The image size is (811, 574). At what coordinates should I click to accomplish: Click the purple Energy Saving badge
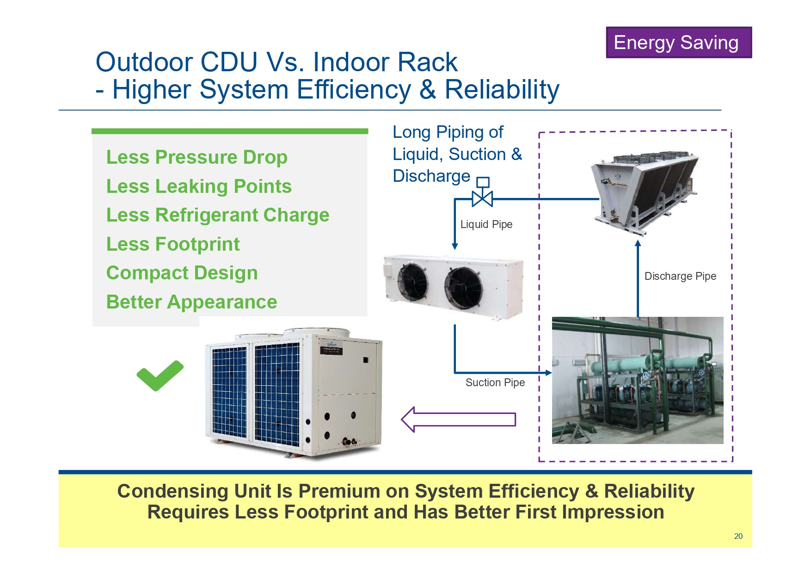678,43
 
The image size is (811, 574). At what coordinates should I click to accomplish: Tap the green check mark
160,375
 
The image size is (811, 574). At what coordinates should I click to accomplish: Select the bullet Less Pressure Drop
197,157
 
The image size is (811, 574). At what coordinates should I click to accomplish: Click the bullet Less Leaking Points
199,186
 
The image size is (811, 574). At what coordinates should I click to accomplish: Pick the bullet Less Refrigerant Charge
217,215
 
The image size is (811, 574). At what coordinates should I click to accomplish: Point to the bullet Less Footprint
173,244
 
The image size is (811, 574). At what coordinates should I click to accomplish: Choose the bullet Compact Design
182,273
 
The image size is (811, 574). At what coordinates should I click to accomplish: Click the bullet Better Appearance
191,302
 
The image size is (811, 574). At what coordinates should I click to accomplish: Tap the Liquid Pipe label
486,224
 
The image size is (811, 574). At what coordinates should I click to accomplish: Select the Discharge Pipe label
680,276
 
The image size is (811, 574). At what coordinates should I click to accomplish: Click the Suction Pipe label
495,383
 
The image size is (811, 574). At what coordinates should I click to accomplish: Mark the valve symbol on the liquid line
482,198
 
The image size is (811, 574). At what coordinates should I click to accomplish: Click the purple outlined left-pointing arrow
458,420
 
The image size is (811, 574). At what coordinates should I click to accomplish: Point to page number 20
738,536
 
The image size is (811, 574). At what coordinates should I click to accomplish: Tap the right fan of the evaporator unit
463,287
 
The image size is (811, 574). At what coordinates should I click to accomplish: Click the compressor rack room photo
637,380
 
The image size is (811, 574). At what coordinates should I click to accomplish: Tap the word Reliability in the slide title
502,90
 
